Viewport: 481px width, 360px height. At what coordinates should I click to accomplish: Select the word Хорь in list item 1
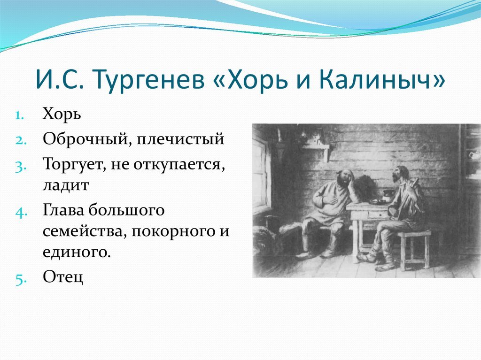62,114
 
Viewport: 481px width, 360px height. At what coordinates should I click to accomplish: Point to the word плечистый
180,139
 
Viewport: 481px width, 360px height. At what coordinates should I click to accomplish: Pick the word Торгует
75,165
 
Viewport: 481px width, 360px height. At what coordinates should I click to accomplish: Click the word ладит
66,185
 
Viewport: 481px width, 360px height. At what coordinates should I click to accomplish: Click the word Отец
63,277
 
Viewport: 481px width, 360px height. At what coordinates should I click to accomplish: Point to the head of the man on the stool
400,174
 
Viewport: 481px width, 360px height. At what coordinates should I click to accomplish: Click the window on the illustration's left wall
262,173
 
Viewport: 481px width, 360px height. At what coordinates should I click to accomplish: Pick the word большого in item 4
126,211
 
